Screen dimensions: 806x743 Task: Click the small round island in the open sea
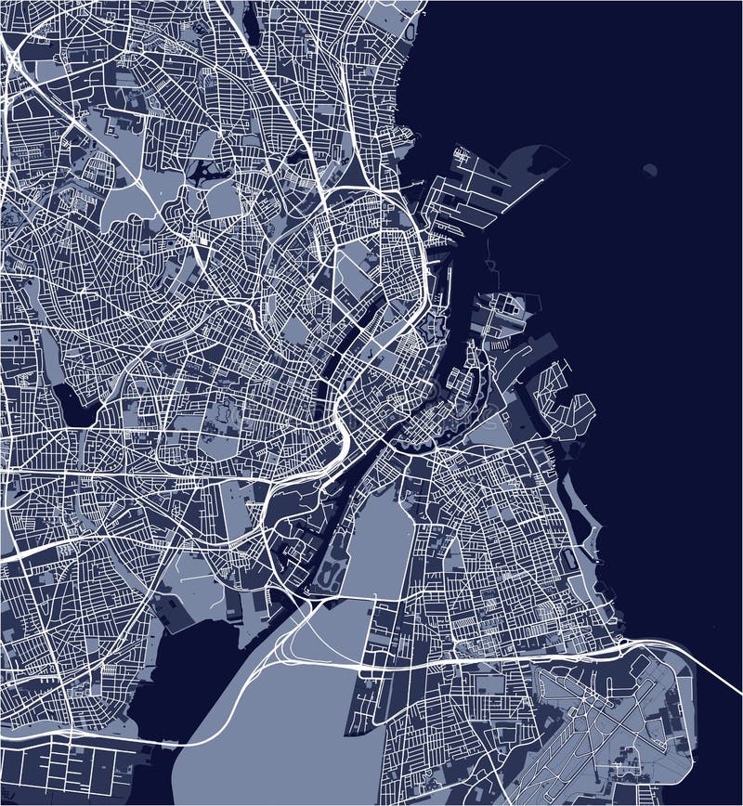click(649, 170)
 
